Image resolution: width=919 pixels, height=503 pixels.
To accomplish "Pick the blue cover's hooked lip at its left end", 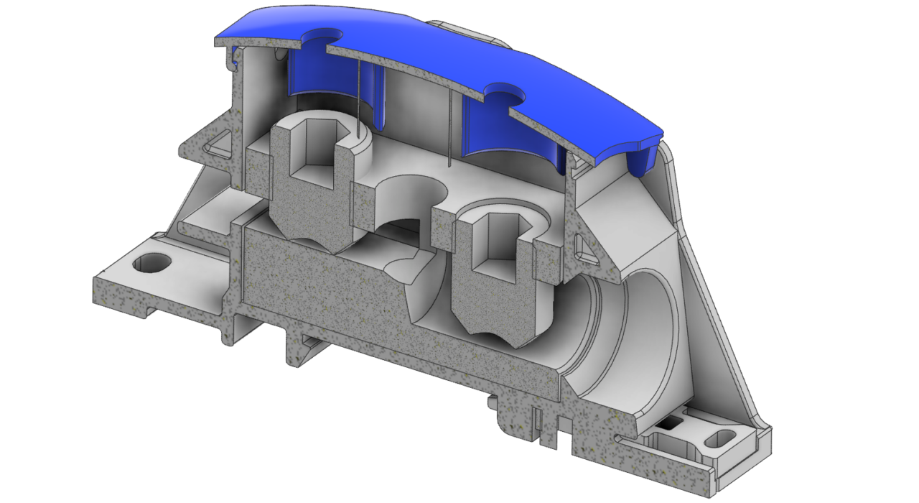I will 233,57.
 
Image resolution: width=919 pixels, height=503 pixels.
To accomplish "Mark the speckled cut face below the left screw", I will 323,287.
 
